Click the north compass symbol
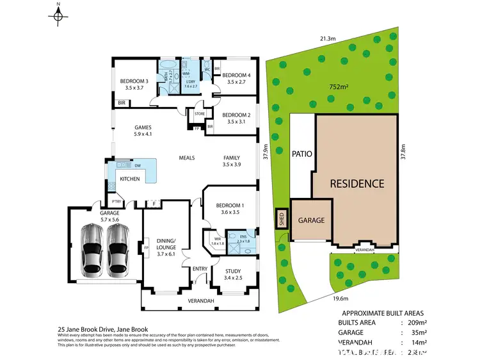[58, 15]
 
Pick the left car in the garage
[91, 249]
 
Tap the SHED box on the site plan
[281, 220]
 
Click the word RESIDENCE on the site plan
[356, 184]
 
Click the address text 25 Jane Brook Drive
[102, 329]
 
